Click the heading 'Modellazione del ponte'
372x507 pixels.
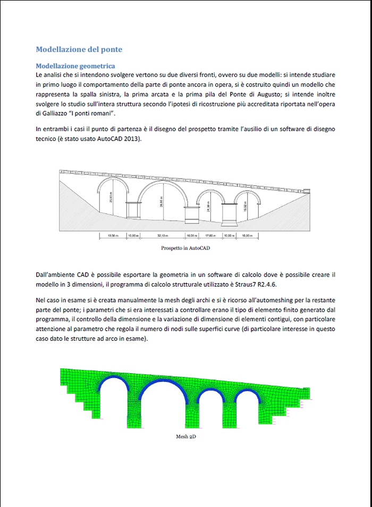pos(79,49)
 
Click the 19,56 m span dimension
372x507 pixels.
pos(113,235)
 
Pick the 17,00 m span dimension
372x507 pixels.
pos(211,235)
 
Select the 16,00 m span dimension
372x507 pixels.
pos(247,235)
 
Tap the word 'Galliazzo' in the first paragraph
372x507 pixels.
pos(48,113)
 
